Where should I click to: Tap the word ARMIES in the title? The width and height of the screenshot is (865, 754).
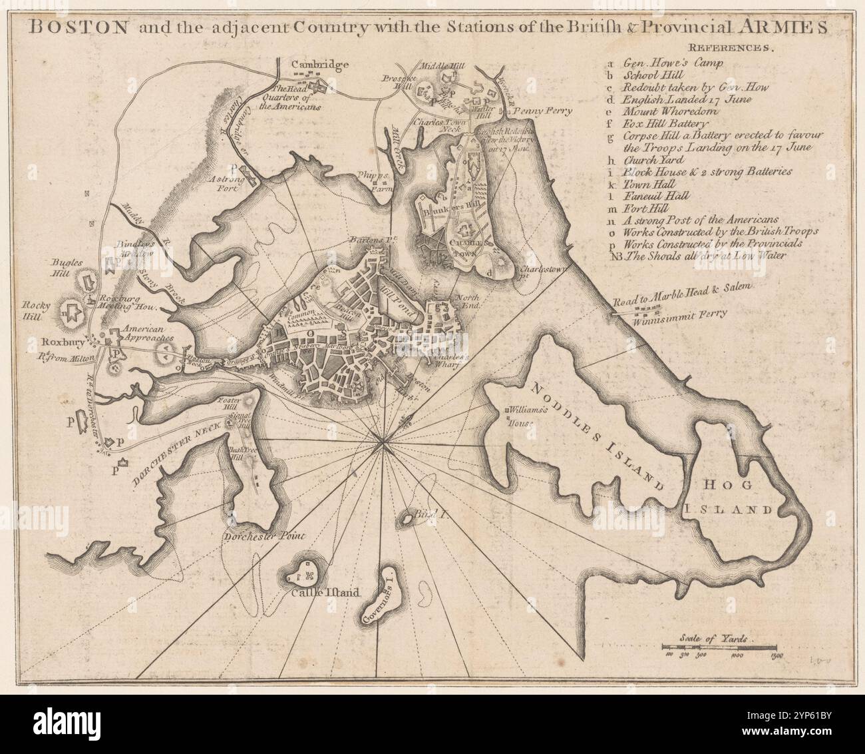(788, 29)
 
